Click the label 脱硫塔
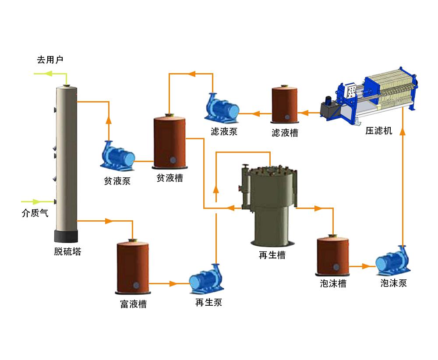67,252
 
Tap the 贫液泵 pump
117,156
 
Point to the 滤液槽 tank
285,104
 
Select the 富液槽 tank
134,267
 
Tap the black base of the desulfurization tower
66,236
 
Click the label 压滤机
379,131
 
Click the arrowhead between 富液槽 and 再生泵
173,284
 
